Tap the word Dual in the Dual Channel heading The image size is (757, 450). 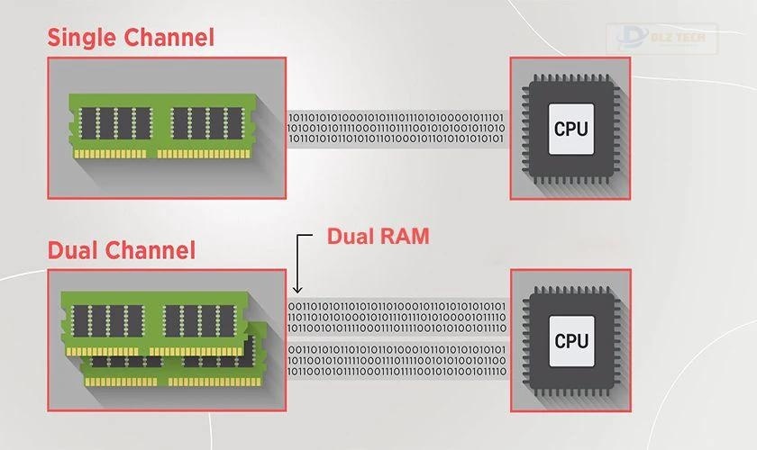click(73, 248)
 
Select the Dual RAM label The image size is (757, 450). click(378, 237)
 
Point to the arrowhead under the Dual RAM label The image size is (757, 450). click(298, 290)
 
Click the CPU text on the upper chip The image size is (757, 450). click(570, 128)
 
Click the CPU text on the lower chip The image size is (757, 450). click(570, 340)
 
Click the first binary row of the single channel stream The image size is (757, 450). click(397, 117)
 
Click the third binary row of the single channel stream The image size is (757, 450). click(397, 139)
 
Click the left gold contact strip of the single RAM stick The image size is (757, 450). click(114, 153)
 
